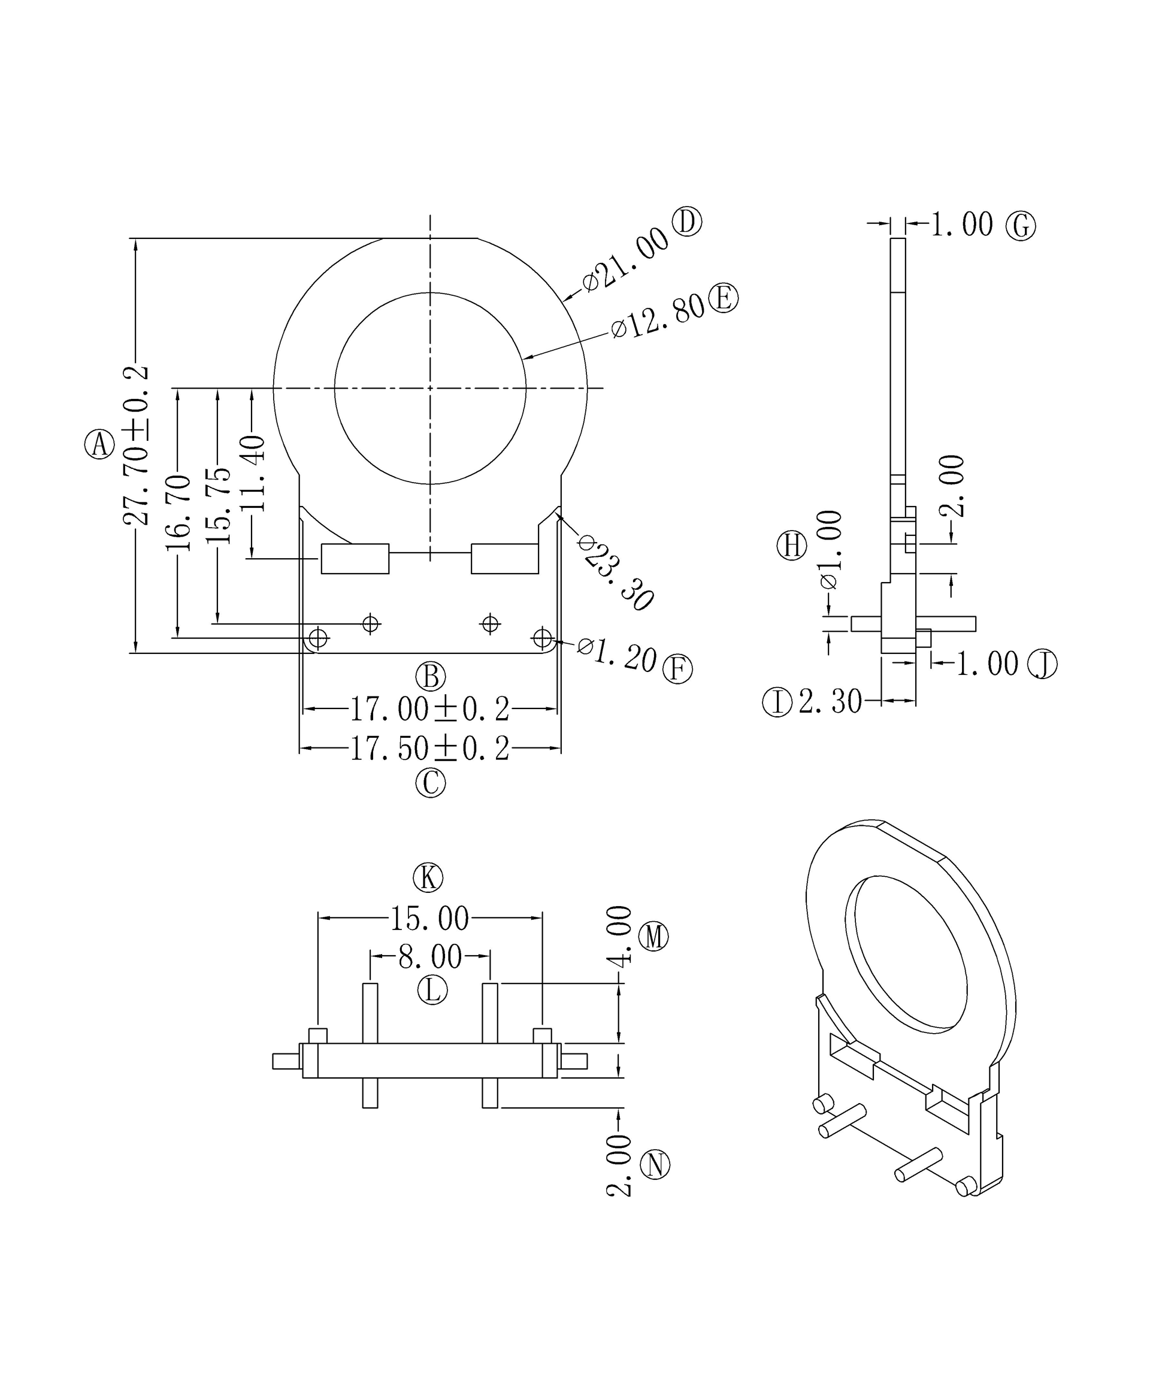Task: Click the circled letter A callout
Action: click(x=99, y=444)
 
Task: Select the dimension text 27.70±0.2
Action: click(x=136, y=446)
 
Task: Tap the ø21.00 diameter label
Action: click(x=625, y=260)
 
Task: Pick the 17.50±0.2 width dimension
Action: click(x=429, y=749)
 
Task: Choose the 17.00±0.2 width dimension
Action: click(x=429, y=709)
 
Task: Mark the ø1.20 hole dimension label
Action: click(x=617, y=655)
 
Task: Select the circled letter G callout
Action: click(x=1020, y=226)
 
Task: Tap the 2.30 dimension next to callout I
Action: click(x=830, y=702)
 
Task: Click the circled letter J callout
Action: click(x=1043, y=664)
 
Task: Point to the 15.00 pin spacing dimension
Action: click(x=429, y=918)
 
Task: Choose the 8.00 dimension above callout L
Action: click(x=429, y=956)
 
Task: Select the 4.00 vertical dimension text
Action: click(x=619, y=937)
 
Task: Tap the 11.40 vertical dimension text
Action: click(x=252, y=473)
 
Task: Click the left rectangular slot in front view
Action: click(x=355, y=559)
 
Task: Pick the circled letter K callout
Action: click(x=428, y=878)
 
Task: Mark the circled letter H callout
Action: click(x=791, y=546)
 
